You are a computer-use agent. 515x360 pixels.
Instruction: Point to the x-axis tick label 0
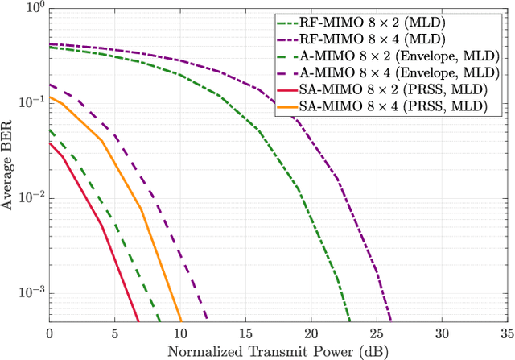point(50,333)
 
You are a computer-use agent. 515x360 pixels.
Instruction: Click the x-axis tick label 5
point(115,333)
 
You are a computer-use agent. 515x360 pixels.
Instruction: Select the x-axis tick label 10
point(180,333)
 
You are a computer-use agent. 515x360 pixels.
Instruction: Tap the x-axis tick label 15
point(246,333)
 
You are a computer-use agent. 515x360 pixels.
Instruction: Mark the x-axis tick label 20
point(311,333)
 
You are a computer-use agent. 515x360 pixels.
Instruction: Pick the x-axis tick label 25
point(377,333)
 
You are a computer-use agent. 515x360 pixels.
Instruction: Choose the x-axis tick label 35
point(505,333)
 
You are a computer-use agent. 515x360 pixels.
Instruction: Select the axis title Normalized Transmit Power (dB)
point(278,350)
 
